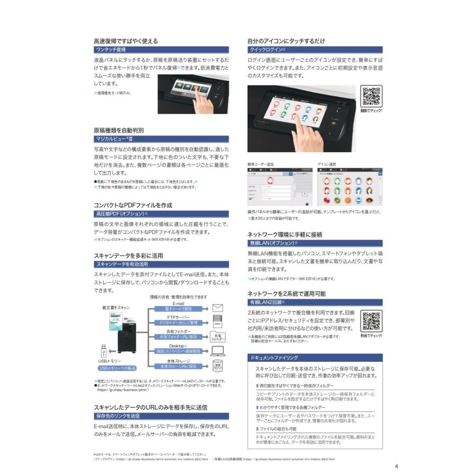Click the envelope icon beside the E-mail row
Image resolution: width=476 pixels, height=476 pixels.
tap(217, 307)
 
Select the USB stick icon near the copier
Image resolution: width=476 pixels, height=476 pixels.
tap(103, 350)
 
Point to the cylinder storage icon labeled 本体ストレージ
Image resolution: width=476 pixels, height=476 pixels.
tap(217, 365)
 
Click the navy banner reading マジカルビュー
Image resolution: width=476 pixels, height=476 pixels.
tap(161, 139)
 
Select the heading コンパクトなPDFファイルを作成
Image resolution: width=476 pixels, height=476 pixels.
tap(133, 205)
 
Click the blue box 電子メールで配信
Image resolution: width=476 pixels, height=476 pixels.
tap(178, 308)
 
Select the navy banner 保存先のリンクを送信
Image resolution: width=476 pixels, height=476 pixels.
tap(161, 416)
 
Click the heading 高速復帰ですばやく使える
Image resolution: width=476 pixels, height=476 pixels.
tap(125, 41)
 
